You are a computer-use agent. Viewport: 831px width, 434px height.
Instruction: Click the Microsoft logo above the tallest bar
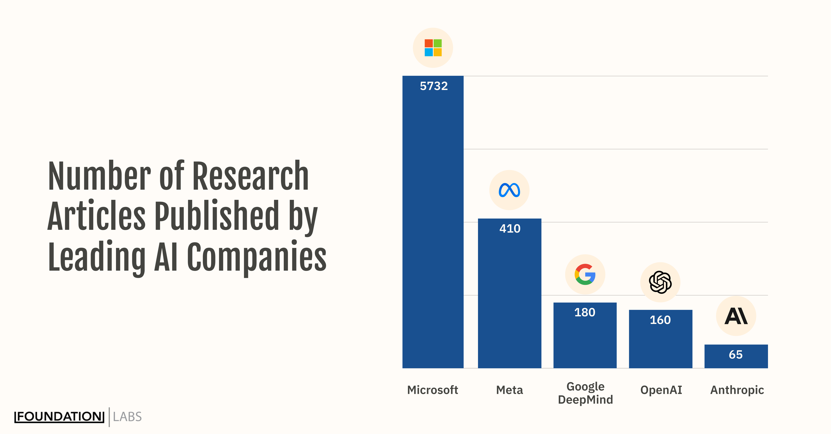click(433, 48)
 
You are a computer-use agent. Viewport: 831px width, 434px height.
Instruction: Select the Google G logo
click(585, 274)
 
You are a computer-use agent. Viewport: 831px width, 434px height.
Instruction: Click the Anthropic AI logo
click(736, 316)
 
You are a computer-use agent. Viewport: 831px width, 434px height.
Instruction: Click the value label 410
click(510, 229)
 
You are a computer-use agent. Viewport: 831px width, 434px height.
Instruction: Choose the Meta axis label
click(509, 390)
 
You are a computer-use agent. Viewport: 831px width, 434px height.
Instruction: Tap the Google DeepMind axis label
click(585, 393)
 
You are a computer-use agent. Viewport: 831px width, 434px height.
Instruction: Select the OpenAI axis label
click(661, 390)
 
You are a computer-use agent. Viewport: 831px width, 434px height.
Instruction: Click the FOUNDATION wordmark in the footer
click(59, 417)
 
